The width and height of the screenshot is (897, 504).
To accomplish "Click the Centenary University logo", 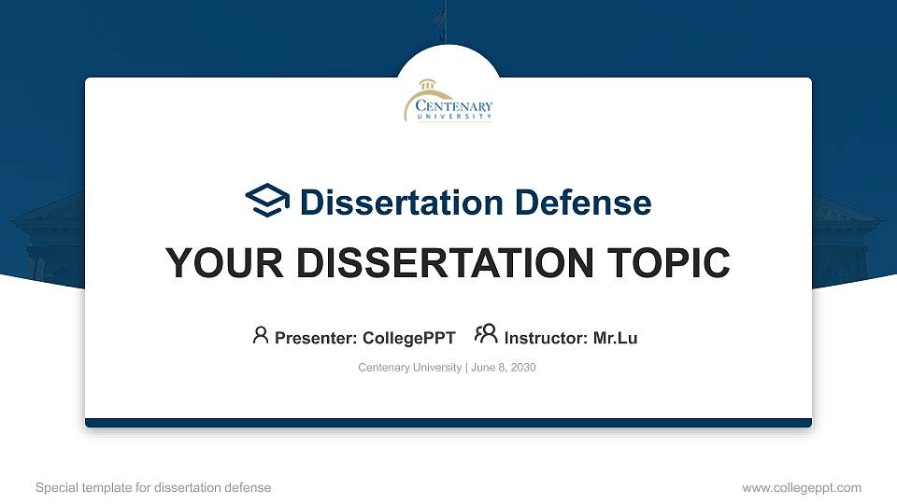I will coord(448,101).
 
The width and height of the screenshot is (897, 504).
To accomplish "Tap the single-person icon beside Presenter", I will coord(261,335).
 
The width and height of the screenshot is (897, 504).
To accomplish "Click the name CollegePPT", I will coord(408,338).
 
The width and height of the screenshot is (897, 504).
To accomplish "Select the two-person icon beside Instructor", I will coord(486,335).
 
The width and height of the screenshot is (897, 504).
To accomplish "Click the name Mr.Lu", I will coord(615,338).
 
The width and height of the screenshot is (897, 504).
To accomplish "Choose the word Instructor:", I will coord(546,338).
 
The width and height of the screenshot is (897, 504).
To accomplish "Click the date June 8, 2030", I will coord(504,368).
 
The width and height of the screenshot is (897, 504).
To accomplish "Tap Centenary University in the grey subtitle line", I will coord(409,368).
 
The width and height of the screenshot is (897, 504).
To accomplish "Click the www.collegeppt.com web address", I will coord(801,487).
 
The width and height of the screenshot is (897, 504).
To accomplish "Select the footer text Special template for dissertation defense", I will coord(153,487).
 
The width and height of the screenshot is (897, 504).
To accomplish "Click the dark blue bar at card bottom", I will coord(448,423).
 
